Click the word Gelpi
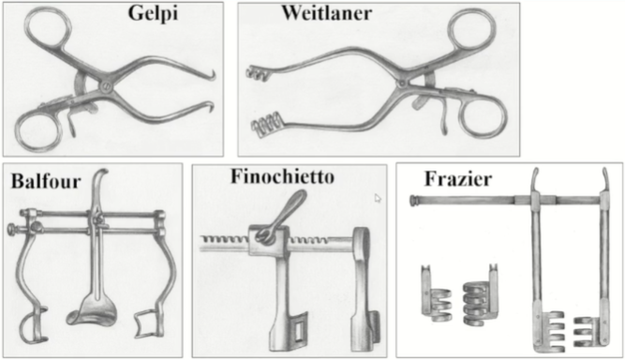[x=153, y=14]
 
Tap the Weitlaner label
[x=327, y=13]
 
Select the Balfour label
[x=46, y=181]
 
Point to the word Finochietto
[x=282, y=176]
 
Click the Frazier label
[x=458, y=179]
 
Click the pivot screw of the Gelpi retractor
[x=105, y=86]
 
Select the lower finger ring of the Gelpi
[x=38, y=130]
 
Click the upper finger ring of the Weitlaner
[x=472, y=31]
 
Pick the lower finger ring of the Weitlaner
[x=484, y=115]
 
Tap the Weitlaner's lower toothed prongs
[x=266, y=125]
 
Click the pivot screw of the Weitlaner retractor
[x=402, y=83]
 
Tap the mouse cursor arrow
[x=378, y=198]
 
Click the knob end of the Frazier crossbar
[x=413, y=200]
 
